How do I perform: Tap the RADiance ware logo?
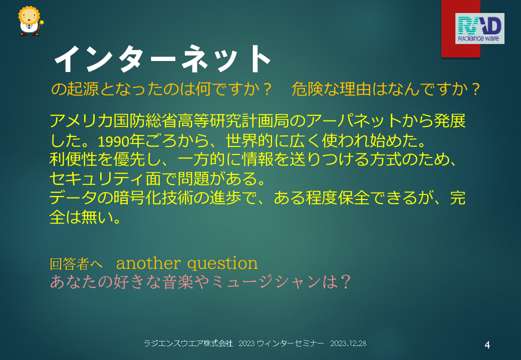coord(479,28)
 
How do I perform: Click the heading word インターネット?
coord(162,58)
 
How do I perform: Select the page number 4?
coord(487,345)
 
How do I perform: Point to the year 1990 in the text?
coord(113,141)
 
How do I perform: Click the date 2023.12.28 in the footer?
coord(348,343)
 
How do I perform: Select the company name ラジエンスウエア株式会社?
coord(188,343)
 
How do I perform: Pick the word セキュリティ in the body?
coord(97,178)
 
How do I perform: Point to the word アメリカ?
coord(81,120)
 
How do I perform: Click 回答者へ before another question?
coord(76,264)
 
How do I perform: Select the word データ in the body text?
coord(73,198)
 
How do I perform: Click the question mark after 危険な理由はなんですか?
coord(475,89)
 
